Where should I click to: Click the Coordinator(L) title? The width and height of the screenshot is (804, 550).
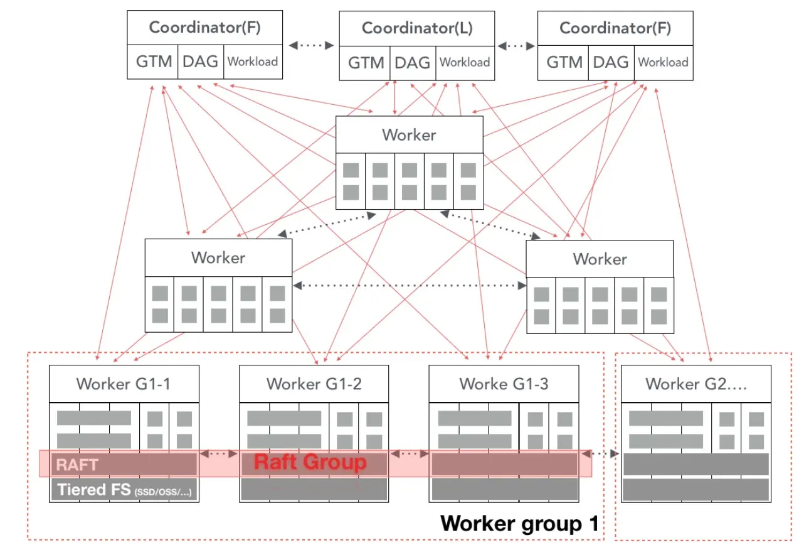[417, 28]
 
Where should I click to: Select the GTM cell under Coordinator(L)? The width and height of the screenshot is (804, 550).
[366, 62]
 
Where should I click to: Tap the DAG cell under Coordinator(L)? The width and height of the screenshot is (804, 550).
[412, 62]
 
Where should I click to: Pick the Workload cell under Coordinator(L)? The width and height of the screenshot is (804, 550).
[465, 62]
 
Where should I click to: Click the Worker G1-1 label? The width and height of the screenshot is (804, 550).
[123, 384]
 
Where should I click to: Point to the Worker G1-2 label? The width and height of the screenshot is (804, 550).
[314, 384]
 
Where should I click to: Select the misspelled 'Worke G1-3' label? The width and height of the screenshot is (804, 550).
[504, 384]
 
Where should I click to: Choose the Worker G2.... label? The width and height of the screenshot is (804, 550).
[696, 384]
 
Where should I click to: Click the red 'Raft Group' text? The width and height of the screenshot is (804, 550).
[310, 463]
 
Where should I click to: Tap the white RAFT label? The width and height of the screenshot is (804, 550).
[78, 465]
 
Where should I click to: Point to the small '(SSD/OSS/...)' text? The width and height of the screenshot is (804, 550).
[163, 492]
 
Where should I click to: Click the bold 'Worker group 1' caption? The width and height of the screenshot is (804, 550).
[519, 524]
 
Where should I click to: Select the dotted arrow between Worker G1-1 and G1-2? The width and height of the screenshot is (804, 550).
[219, 453]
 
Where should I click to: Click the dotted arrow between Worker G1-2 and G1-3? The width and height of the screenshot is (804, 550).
[409, 453]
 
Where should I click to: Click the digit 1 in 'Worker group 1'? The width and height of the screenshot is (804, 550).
[593, 524]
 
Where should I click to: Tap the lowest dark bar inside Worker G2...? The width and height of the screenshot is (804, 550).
[696, 490]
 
